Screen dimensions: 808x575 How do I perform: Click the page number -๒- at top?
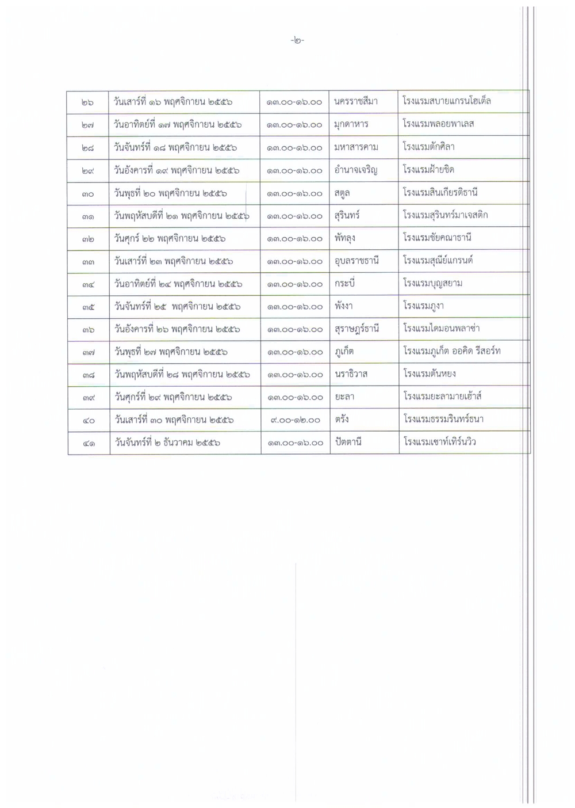pyautogui.click(x=298, y=40)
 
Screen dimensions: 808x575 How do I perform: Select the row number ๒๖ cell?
pyautogui.click(x=88, y=102)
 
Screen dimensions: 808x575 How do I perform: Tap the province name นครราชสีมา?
pyautogui.click(x=355, y=102)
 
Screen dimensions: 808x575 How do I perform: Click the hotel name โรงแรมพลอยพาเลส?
pyautogui.click(x=438, y=124)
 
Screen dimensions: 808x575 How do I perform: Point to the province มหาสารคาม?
pyautogui.click(x=356, y=147)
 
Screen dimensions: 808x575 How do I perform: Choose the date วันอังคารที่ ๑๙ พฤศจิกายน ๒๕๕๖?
pyautogui.click(x=177, y=170)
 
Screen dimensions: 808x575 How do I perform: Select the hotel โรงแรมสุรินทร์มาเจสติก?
pyautogui.click(x=446, y=215)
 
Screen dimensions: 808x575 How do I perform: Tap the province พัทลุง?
pyautogui.click(x=344, y=238)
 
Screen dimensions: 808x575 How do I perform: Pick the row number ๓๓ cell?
pyautogui.click(x=88, y=261)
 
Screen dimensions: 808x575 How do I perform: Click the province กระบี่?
pyautogui.click(x=344, y=283)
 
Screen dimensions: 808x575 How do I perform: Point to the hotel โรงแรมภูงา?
pyautogui.click(x=423, y=306)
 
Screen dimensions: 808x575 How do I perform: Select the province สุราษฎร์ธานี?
pyautogui.click(x=356, y=329)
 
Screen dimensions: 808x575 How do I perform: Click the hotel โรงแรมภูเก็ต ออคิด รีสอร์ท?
pyautogui.click(x=451, y=350)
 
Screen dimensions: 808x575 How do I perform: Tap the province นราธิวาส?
pyautogui.click(x=351, y=373)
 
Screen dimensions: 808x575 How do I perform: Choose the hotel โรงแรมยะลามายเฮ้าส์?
pyautogui.click(x=442, y=396)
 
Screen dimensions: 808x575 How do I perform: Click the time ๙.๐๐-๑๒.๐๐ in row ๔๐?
pyautogui.click(x=294, y=420)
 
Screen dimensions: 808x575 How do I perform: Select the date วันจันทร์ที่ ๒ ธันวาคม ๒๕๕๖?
pyautogui.click(x=167, y=443)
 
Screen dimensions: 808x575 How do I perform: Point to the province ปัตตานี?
pyautogui.click(x=347, y=442)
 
